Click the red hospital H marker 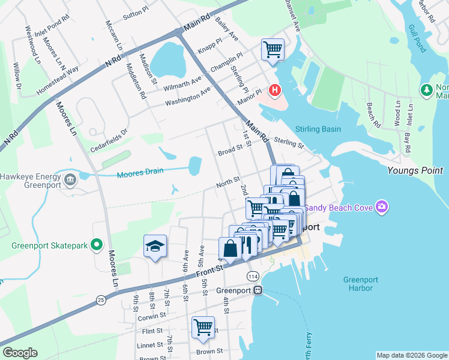[x=275, y=91]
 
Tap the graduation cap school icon [x=155, y=245]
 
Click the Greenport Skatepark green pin [x=95, y=245]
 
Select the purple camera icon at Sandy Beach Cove [x=381, y=208]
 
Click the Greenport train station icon [x=258, y=290]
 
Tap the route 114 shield [x=253, y=274]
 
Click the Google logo [x=20, y=353]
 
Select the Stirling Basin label [x=318, y=129]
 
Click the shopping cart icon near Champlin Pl [x=273, y=49]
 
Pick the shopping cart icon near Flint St [x=203, y=327]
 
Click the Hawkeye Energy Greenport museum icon [x=70, y=178]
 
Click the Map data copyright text [x=412, y=355]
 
